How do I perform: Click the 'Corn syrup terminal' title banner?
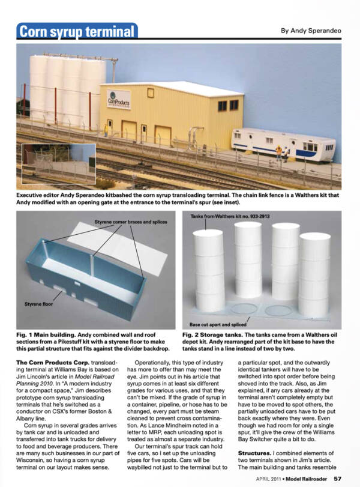[x=77, y=31]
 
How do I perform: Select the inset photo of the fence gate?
[x=59, y=163]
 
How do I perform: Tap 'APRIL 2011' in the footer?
[x=268, y=479]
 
